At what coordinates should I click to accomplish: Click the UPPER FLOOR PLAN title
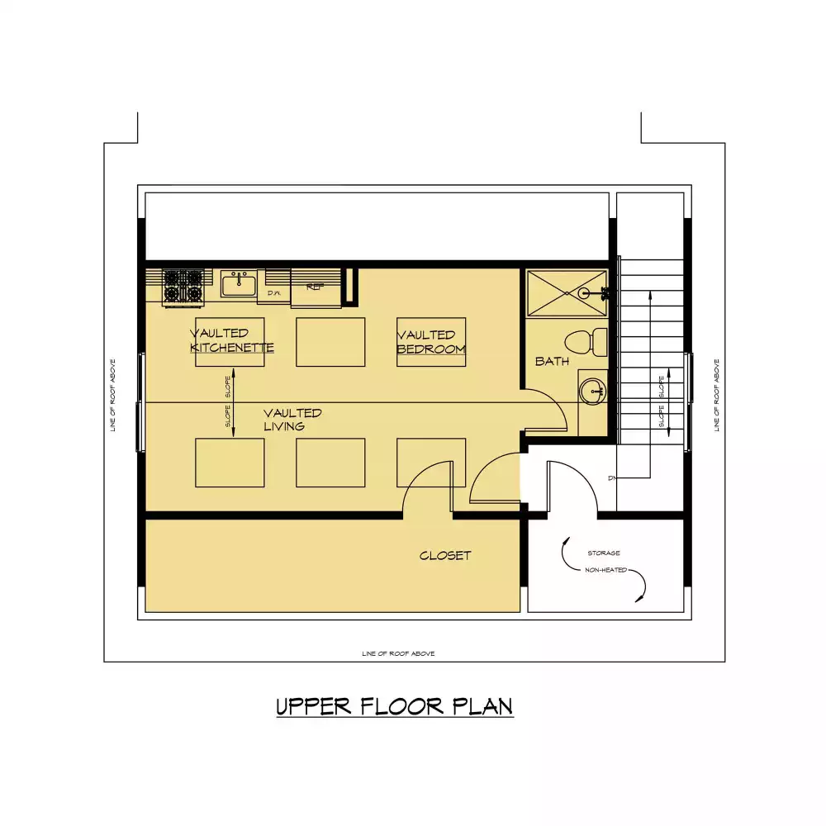[x=394, y=707]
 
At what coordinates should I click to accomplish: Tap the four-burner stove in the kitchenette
[x=183, y=286]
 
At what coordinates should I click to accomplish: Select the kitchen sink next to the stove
[x=238, y=284]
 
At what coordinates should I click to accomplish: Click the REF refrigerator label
[x=314, y=287]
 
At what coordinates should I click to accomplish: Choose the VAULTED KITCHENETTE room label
[x=231, y=340]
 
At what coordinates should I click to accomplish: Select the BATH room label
[x=552, y=361]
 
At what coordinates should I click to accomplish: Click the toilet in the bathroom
[x=589, y=340]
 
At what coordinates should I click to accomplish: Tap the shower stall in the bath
[x=567, y=292]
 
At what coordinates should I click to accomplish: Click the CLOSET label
[x=445, y=556]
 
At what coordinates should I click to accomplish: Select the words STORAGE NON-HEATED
[x=604, y=562]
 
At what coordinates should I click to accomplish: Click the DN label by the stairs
[x=611, y=477]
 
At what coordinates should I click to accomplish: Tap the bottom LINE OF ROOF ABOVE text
[x=398, y=653]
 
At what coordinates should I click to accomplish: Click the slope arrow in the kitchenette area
[x=234, y=403]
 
